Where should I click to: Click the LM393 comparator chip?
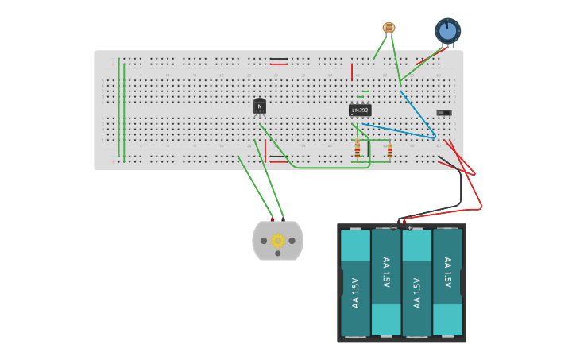pos(360,110)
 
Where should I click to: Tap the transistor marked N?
pos(259,106)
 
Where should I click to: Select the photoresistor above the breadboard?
pos(389,28)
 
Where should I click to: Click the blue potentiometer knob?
pos(447,31)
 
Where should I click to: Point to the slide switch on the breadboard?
pos(444,113)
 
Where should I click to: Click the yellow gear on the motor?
pos(277,240)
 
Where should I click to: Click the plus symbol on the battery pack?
pos(410,228)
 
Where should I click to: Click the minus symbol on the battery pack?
pos(393,228)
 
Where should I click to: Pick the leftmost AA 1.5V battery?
pos(355,282)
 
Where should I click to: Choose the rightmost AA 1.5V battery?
pos(447,282)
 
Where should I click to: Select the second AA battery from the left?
pos(386,282)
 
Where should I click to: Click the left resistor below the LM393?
pos(358,149)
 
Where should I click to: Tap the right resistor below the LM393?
pos(389,150)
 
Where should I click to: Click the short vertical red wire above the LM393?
pos(352,73)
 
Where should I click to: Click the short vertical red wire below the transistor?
pos(265,149)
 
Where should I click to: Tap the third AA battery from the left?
pos(417,282)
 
